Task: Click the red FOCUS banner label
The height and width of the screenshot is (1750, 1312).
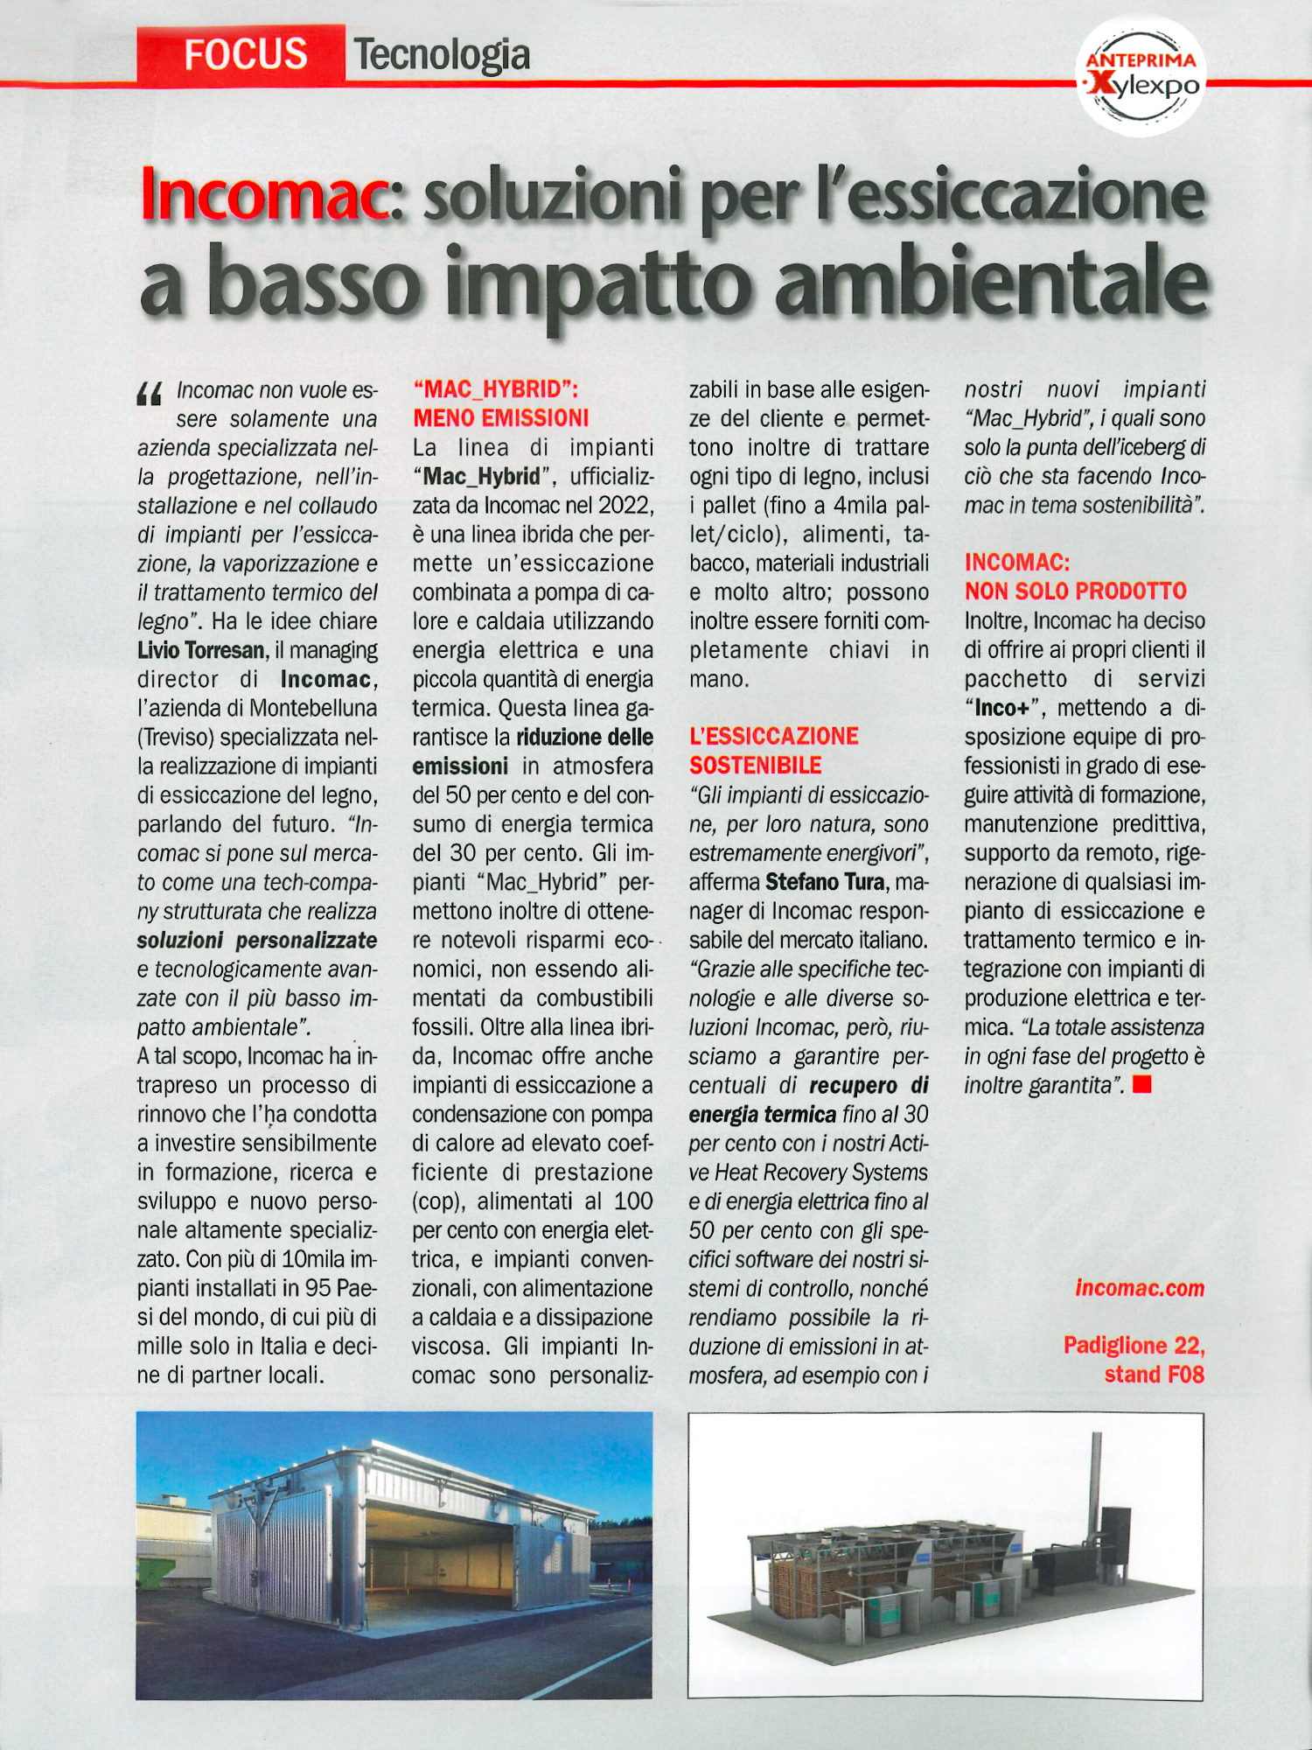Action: point(244,54)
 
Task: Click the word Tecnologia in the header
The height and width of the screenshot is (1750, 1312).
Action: point(442,55)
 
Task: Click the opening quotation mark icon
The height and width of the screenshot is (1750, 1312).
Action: point(150,395)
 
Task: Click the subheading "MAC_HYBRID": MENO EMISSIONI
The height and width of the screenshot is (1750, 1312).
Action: point(500,403)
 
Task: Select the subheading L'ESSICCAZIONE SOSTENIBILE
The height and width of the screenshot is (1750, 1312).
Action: point(773,751)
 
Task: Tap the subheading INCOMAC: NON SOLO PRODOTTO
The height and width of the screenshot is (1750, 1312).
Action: point(1075,577)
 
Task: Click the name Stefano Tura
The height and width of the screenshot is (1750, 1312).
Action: point(825,881)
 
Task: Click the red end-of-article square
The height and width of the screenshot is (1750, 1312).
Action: point(1141,1085)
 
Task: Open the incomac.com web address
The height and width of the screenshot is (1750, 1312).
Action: point(1139,1288)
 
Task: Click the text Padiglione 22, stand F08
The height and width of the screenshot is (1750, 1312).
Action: point(1134,1360)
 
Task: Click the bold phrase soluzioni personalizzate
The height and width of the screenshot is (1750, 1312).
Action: point(256,940)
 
